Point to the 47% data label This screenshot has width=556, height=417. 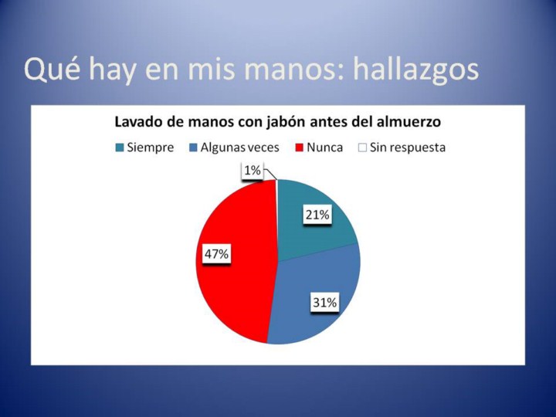coord(217,254)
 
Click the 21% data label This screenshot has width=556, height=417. coord(317,215)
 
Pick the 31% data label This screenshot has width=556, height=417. coord(325,303)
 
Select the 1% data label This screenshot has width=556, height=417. coord(253,171)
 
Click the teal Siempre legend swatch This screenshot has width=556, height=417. coord(120,147)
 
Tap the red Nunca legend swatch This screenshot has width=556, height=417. coord(300,147)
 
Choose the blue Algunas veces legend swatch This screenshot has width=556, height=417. coord(193,147)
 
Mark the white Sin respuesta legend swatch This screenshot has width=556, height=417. coord(362,147)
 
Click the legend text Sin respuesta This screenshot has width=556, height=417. coord(408,147)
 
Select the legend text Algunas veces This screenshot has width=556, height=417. coord(240,147)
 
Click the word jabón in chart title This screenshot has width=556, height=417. coord(286,122)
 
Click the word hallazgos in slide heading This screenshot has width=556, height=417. coord(415,70)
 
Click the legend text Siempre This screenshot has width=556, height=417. coord(151,147)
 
